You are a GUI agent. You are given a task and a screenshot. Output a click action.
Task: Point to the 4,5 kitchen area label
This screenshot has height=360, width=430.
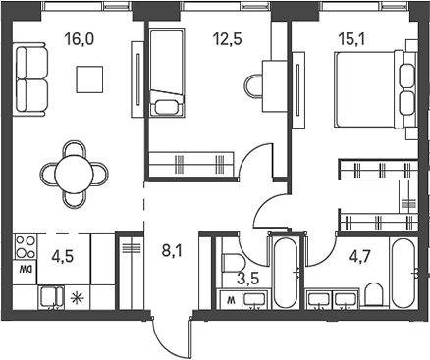[x=63, y=259]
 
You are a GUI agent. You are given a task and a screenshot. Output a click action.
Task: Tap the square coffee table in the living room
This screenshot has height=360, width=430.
[x=91, y=78]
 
